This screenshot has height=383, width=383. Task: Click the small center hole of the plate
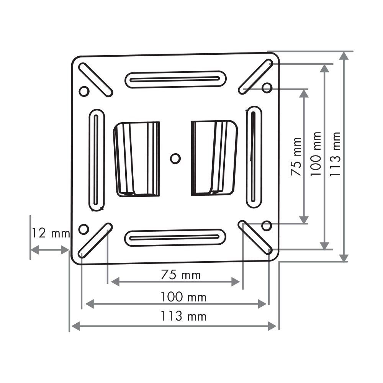pyautogui.click(x=175, y=159)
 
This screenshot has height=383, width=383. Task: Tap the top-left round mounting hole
pyautogui.click(x=84, y=91)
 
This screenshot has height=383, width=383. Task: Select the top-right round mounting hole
pyautogui.click(x=267, y=87)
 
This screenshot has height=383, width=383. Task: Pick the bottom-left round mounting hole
pyautogui.click(x=83, y=229)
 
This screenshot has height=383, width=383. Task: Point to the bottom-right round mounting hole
pyautogui.click(x=267, y=226)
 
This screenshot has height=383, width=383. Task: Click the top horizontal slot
pyautogui.click(x=176, y=79)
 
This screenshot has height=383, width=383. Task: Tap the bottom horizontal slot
pyautogui.click(x=175, y=238)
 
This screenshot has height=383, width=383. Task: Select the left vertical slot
pyautogui.click(x=97, y=160)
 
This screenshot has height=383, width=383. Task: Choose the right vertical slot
pyautogui.click(x=254, y=157)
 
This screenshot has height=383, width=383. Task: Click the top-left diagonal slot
pyautogui.click(x=95, y=80)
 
